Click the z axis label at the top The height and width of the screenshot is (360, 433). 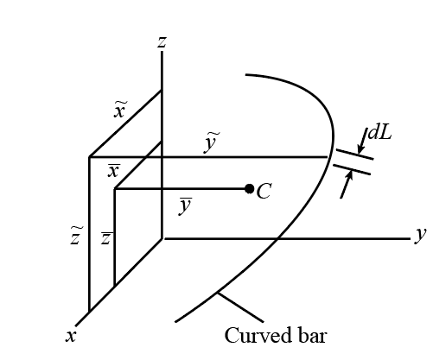point(162,42)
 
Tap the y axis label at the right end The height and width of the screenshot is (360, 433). point(420,236)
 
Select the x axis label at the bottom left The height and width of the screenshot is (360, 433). point(71,336)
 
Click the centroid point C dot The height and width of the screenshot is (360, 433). point(249,189)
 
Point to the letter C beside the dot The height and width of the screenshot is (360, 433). point(264,192)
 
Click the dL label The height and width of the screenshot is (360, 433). point(379,133)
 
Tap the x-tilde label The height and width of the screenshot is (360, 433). point(120,110)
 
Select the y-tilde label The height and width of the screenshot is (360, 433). point(211,142)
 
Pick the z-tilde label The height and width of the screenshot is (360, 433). point(76,236)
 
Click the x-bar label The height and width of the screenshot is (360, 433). point(113,171)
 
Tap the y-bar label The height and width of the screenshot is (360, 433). point(185,205)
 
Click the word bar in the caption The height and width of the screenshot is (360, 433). point(312,335)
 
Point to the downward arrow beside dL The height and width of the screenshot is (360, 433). point(362,142)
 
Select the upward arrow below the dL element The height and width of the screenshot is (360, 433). point(347,184)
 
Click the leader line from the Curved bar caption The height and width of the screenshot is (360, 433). point(240,306)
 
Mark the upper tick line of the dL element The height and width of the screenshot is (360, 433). point(355,154)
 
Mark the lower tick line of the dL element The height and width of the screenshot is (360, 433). point(352,169)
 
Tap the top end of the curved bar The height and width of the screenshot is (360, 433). point(246,75)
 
